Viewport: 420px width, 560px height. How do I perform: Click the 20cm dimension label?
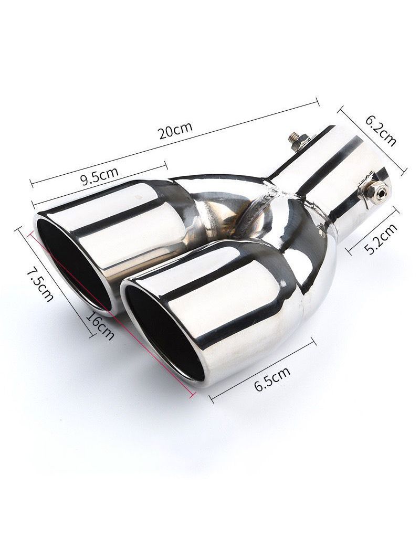176,130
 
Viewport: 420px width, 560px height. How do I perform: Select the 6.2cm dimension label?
381,129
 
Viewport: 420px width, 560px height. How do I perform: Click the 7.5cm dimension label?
40,284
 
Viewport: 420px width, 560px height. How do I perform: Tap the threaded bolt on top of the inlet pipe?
297,140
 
